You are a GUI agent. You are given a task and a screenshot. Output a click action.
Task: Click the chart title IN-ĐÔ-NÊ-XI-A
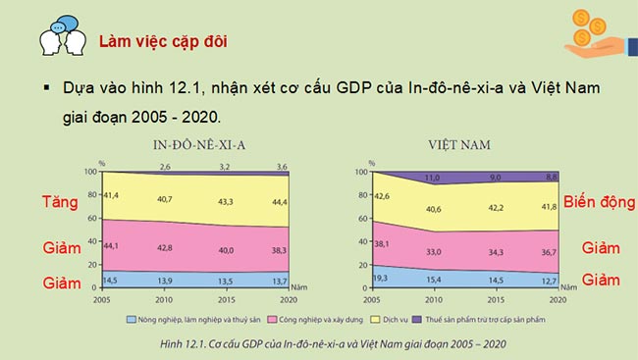point(199,143)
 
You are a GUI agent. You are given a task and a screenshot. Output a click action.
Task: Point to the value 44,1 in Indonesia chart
point(111,244)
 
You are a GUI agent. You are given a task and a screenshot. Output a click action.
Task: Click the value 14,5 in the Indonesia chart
point(111,281)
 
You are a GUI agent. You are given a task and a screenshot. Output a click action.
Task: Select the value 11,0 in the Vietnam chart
point(431,178)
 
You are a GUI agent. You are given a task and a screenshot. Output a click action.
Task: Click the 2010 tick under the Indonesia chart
point(166,298)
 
